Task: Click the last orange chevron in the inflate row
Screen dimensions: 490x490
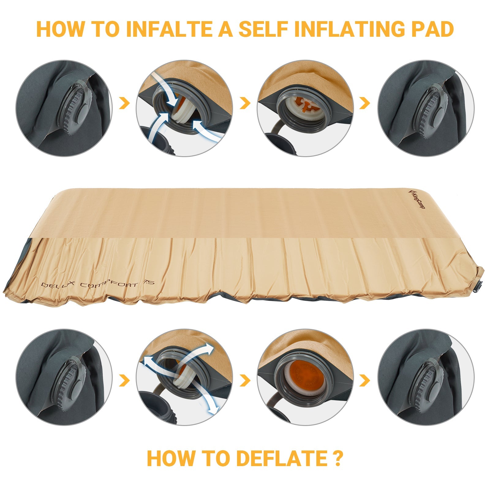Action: (x=364, y=103)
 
